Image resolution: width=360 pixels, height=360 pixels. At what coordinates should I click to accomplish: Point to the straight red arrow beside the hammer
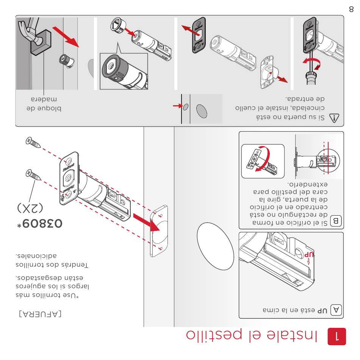pos(66,36)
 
